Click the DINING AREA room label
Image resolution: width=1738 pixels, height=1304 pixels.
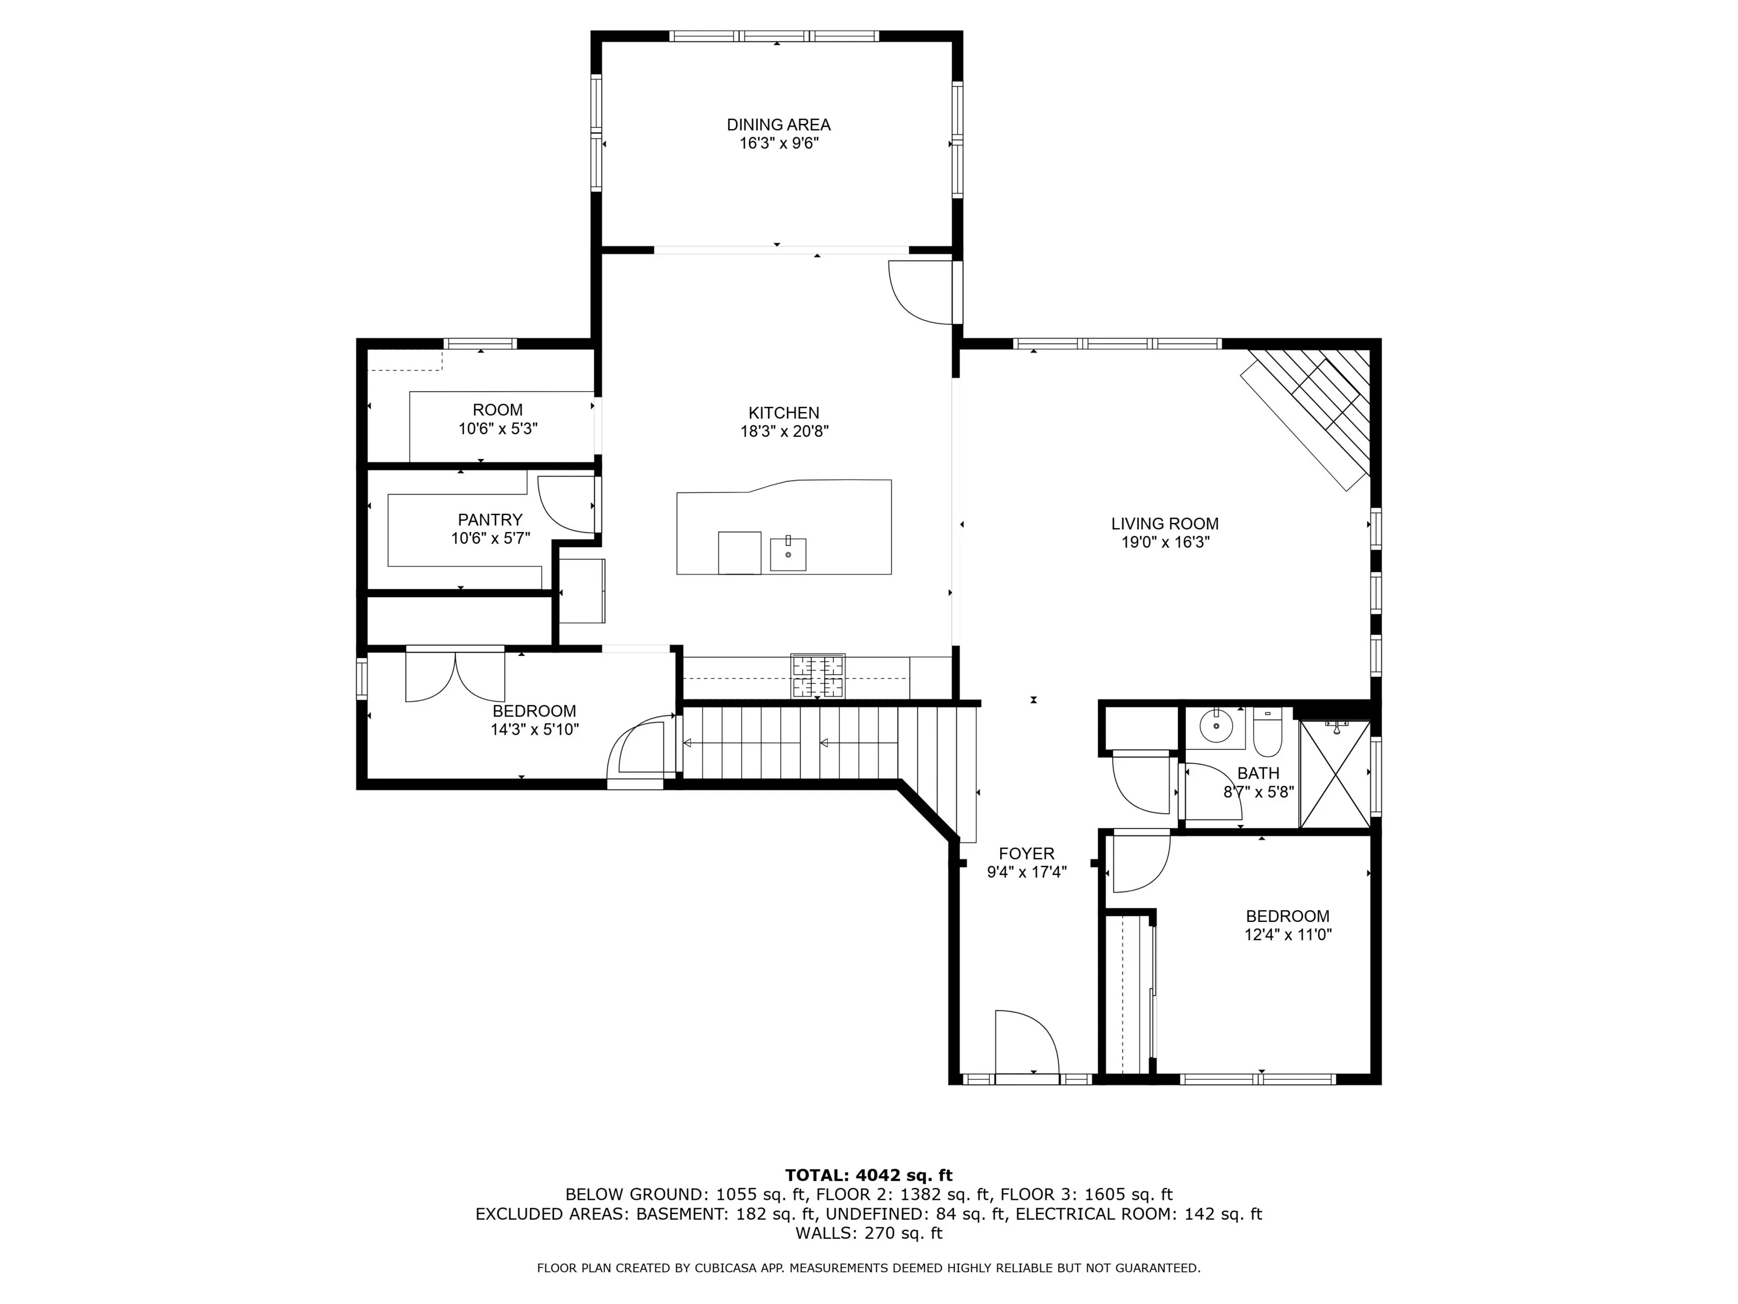[778, 124]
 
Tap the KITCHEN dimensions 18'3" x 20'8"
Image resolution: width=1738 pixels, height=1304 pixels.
[784, 431]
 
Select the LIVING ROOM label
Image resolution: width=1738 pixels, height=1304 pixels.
[1164, 524]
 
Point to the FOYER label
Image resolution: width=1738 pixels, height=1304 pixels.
[1026, 853]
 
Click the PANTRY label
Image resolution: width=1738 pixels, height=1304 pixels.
[491, 520]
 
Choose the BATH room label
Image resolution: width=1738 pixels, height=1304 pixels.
[1258, 774]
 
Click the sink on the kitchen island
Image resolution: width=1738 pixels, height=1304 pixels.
[788, 554]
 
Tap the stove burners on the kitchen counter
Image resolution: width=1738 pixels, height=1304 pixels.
[818, 676]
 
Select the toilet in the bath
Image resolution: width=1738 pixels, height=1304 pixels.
[1267, 732]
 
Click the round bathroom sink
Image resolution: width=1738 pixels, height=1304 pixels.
[1216, 728]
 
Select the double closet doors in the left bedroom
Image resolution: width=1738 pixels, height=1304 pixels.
[455, 675]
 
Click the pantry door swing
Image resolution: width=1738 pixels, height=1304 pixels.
[566, 505]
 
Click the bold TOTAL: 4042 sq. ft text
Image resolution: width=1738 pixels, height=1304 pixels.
[869, 1175]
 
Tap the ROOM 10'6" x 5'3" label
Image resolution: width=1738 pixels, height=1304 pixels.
[497, 419]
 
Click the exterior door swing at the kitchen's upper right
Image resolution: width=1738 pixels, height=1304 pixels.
[920, 293]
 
